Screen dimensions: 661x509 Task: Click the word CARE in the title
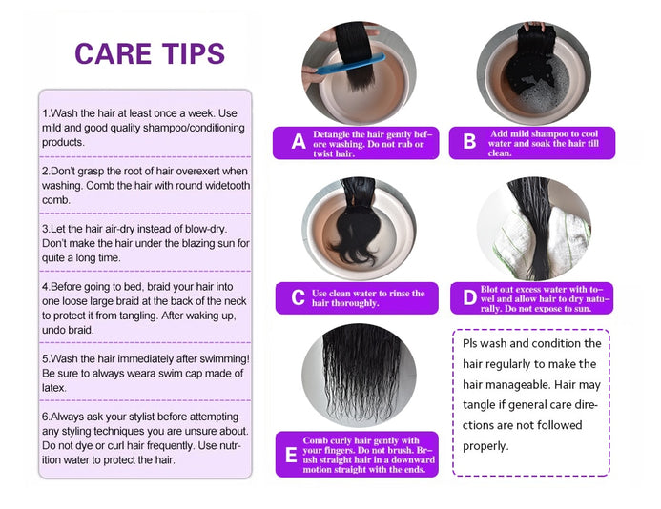point(113,53)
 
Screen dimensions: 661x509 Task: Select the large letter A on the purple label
point(299,142)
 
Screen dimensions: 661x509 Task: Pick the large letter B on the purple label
point(469,142)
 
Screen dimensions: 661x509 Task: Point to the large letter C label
point(298,297)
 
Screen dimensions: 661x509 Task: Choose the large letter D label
point(469,297)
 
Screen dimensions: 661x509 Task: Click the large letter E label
point(291,455)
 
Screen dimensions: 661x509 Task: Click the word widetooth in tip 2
point(228,186)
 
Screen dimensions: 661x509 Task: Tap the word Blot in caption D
point(489,289)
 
